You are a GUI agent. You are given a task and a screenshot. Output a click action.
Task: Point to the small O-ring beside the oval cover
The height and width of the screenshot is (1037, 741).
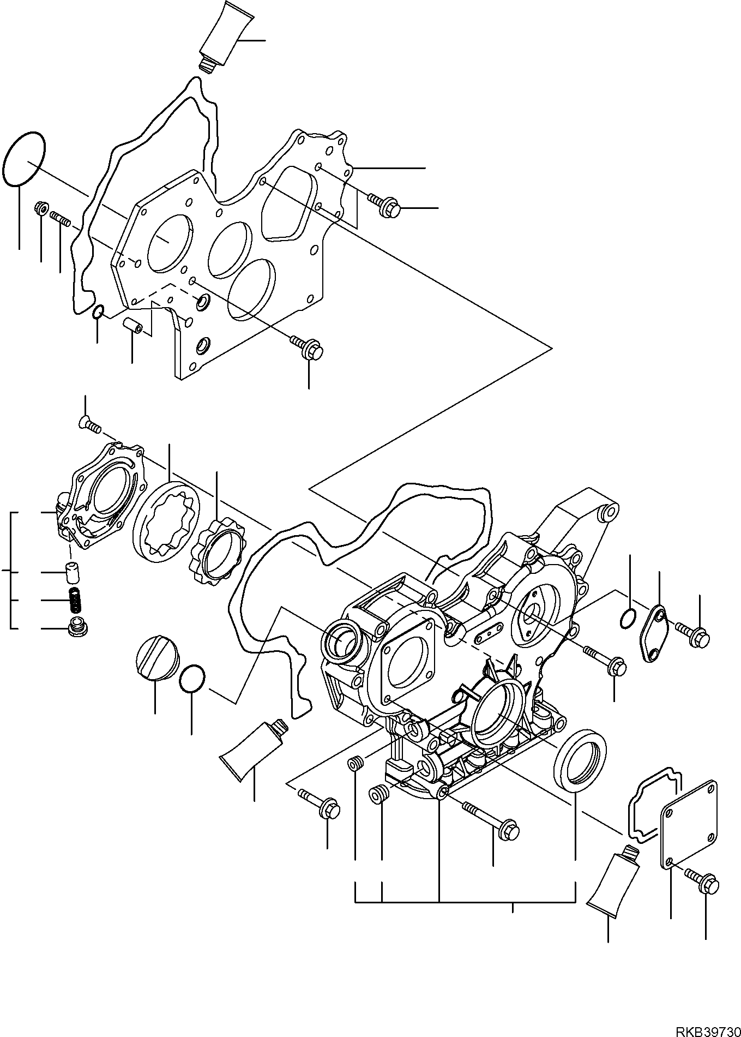coord(628,618)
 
